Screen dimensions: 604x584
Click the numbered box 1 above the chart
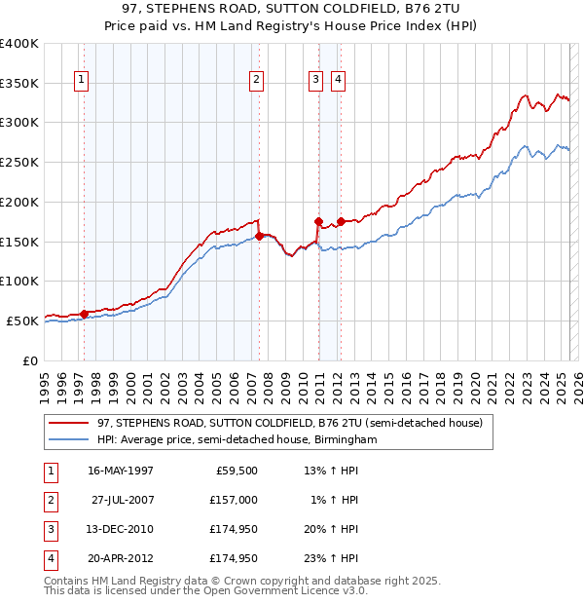coord(81,81)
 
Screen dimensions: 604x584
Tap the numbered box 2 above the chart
coord(255,81)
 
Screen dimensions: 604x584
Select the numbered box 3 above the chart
coord(316,81)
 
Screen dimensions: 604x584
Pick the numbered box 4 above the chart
coord(338,81)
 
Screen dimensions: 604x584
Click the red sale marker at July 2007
coord(260,235)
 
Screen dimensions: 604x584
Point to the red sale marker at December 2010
coord(318,221)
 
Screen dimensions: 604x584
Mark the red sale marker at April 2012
coord(341,221)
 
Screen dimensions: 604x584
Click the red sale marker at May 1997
coord(85,313)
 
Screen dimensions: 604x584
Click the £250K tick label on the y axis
coord(19,162)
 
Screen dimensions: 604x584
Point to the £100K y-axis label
coord(19,281)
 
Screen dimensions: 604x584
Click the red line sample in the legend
coord(70,423)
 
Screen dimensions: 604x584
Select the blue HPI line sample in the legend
coord(70,440)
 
